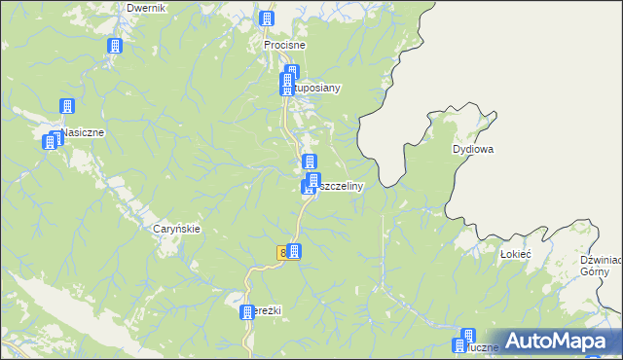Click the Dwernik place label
point(147,8)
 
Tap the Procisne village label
point(285,45)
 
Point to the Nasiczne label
point(82,132)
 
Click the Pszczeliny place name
point(338,185)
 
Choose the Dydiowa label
point(474,150)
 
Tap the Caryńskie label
point(177,229)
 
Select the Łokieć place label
point(514,253)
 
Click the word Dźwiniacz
point(601,260)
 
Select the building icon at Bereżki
point(246,312)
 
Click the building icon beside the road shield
point(293,251)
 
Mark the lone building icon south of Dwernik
point(115,46)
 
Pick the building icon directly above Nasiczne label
point(67,106)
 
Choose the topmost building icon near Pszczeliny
point(310,162)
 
